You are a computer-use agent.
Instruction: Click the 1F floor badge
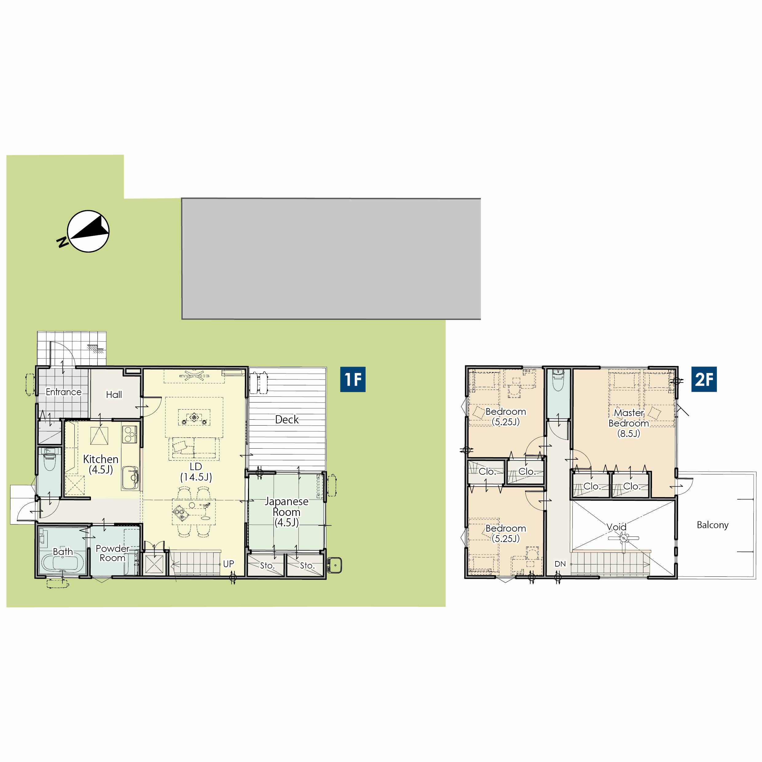pos(353,379)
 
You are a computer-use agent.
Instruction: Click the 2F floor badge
pos(704,379)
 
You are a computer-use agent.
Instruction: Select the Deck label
pos(287,419)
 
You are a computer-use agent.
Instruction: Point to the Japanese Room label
pos(287,512)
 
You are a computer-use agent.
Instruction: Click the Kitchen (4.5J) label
pos(100,464)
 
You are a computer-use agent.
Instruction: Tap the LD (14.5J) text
pos(196,472)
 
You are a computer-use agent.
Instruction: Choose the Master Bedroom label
pos(629,423)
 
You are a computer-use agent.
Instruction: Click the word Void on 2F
pos(616,527)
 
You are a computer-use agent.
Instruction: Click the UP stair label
pos(228,564)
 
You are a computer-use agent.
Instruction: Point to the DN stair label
pos(560,564)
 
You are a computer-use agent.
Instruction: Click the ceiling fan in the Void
pos(623,538)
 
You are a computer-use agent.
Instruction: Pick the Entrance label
pos(64,392)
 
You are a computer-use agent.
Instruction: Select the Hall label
pos(114,395)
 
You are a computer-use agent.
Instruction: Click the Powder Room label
pos(112,553)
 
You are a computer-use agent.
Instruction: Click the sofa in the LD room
pos(194,449)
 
